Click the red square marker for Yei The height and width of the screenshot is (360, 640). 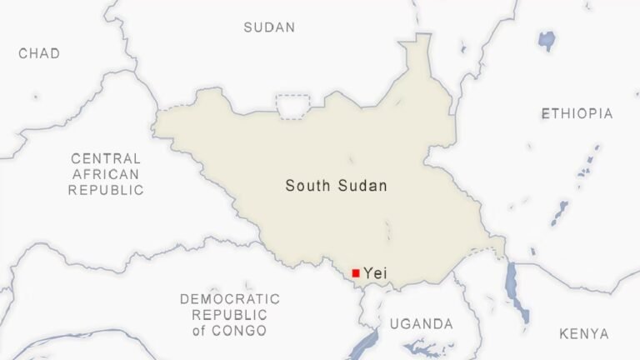(x=356, y=272)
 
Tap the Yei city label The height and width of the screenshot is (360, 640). (x=376, y=272)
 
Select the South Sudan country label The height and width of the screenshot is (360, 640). (x=336, y=185)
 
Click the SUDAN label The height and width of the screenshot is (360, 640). (x=269, y=27)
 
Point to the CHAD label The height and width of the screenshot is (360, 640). (x=39, y=53)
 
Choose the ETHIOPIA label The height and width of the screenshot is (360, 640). (x=577, y=113)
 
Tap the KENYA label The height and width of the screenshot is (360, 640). (x=583, y=334)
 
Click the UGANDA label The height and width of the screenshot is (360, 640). (x=422, y=323)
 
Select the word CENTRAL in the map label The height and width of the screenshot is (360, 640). (x=106, y=158)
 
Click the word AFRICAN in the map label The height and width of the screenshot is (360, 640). (x=106, y=174)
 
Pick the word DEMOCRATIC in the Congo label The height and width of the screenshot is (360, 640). (x=230, y=299)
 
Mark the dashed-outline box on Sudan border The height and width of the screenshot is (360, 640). (x=292, y=107)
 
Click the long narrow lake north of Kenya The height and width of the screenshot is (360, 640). (x=517, y=292)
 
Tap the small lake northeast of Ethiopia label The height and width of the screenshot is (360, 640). (x=547, y=38)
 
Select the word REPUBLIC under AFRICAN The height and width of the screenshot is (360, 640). (x=106, y=190)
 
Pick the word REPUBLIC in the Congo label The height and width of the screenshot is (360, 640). (x=230, y=315)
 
